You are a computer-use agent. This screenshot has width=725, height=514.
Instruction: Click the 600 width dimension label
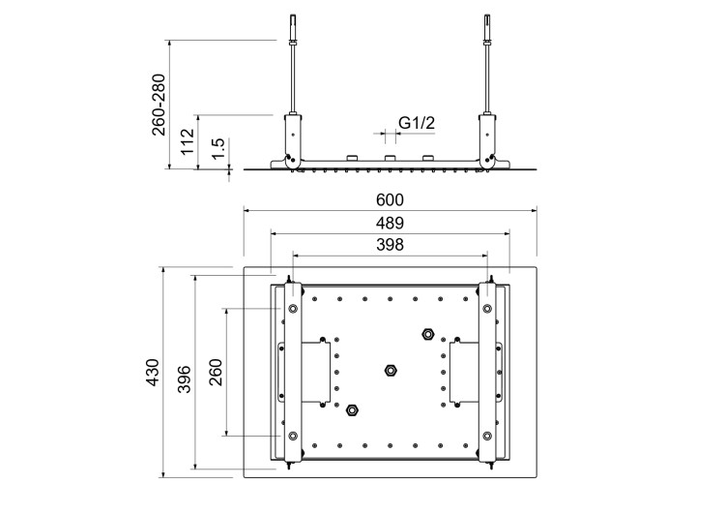pos(389,199)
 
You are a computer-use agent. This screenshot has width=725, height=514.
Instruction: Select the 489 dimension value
pos(389,224)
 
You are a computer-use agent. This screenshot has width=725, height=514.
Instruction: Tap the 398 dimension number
pos(389,246)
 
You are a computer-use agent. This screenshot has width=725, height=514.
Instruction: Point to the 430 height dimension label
pos(152,372)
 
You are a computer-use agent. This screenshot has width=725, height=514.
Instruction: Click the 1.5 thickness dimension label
pos(219,148)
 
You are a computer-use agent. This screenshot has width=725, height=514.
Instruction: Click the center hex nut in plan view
pos(391,370)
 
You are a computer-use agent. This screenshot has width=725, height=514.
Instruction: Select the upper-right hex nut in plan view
pos(427,335)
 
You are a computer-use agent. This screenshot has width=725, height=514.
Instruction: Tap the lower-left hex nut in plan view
pos(353,408)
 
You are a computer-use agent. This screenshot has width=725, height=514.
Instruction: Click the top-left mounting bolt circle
pos(292,309)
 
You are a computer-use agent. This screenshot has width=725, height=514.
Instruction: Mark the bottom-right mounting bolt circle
pos(487,434)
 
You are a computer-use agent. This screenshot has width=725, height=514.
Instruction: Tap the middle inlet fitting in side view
pos(391,158)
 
